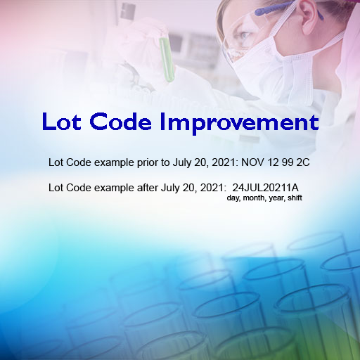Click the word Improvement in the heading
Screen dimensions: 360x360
[239, 123]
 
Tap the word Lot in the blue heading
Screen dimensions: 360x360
[62, 122]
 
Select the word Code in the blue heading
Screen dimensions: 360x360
[120, 122]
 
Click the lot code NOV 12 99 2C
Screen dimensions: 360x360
[276, 162]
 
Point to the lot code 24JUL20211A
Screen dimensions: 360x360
[265, 188]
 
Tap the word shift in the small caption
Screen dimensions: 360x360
[295, 198]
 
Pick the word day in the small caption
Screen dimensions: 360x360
[233, 198]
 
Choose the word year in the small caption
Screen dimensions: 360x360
[277, 198]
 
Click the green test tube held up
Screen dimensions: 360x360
[167, 60]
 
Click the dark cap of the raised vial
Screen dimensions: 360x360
[128, 11]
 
